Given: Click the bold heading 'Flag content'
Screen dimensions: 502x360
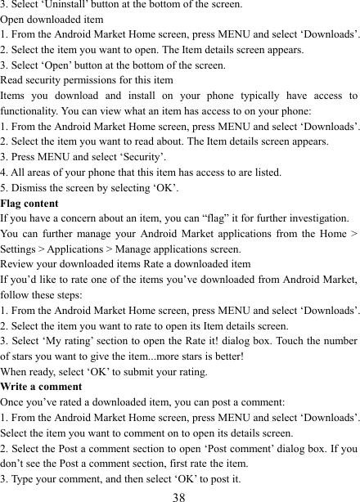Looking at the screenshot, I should (29, 204).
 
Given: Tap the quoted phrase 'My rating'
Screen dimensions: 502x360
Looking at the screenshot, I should (74, 341).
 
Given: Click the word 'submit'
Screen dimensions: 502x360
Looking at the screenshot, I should (134, 371).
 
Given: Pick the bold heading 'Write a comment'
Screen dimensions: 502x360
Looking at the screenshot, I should (41, 387).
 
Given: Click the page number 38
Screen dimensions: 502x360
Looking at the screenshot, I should (180, 495).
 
